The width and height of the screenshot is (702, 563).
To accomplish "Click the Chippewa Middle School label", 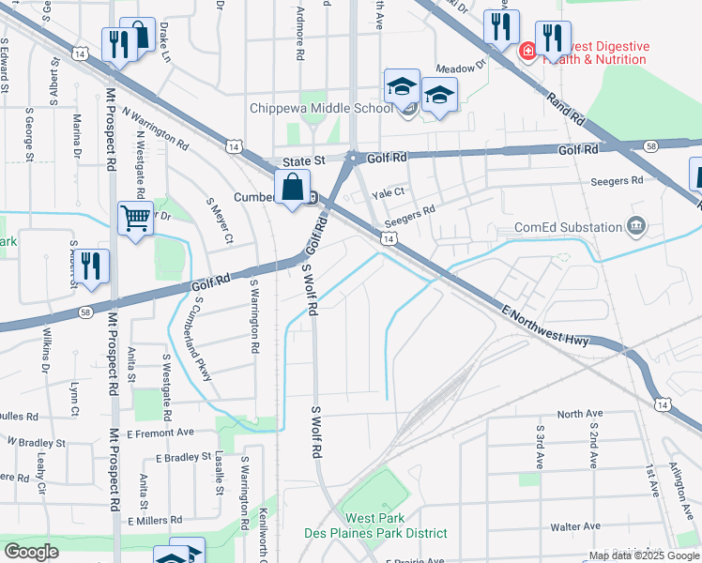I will click(321, 108).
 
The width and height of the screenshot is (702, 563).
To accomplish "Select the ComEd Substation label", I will click(569, 227).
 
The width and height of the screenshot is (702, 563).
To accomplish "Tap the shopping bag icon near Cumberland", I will click(293, 187).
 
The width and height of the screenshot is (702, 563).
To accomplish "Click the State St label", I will click(305, 160).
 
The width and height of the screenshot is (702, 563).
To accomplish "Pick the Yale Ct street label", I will click(388, 193).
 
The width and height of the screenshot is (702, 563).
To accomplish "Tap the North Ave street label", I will click(579, 414).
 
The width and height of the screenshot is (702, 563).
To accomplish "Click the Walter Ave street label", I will click(575, 526).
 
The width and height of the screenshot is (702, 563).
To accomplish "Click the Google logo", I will click(31, 552).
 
